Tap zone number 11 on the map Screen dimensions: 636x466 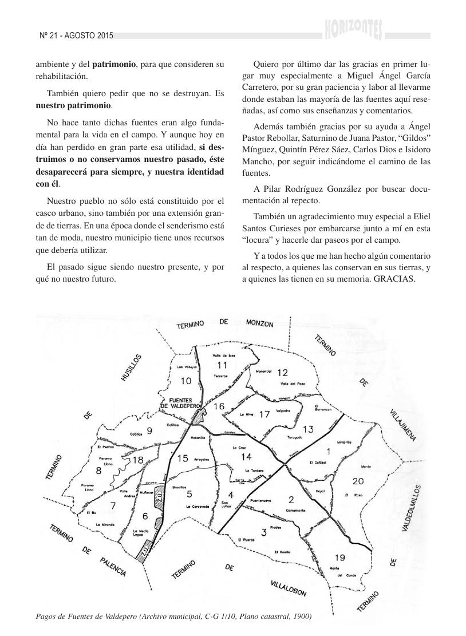pos(222,365)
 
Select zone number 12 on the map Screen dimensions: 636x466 pos(282,373)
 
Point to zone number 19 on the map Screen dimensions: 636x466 pos(339,557)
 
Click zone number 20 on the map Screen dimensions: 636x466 pos(358,480)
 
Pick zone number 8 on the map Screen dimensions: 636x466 pos(98,471)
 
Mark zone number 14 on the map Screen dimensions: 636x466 pos(246,456)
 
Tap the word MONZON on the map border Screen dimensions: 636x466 pos(260,323)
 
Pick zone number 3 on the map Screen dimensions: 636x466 pos(263,533)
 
